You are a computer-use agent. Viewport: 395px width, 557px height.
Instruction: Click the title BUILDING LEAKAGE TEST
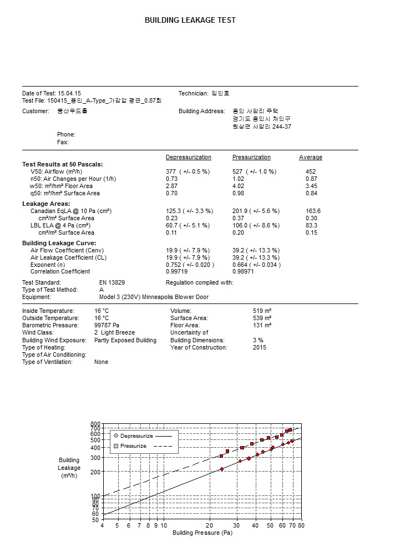(x=190, y=20)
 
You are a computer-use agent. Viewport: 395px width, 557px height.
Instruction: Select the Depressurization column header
(x=189, y=158)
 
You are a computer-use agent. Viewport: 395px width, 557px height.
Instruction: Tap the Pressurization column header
(x=251, y=158)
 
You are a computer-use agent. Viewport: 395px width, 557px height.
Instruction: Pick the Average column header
(x=310, y=158)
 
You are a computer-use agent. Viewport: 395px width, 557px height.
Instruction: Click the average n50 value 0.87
(x=311, y=179)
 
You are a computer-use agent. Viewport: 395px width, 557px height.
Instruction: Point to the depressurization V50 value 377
(x=171, y=172)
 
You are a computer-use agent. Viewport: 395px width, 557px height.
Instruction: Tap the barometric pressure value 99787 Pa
(x=107, y=326)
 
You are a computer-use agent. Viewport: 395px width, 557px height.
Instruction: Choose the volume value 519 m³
(x=262, y=311)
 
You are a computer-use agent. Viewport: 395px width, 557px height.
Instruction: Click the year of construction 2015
(x=259, y=348)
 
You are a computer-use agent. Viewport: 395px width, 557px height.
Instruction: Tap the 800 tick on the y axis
(x=95, y=424)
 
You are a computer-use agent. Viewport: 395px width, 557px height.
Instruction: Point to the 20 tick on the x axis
(x=209, y=525)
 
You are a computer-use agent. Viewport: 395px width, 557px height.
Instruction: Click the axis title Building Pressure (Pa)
(x=202, y=534)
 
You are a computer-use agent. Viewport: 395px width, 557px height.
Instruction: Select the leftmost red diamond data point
(x=221, y=469)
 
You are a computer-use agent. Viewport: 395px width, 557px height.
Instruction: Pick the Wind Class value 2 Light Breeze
(x=111, y=333)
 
